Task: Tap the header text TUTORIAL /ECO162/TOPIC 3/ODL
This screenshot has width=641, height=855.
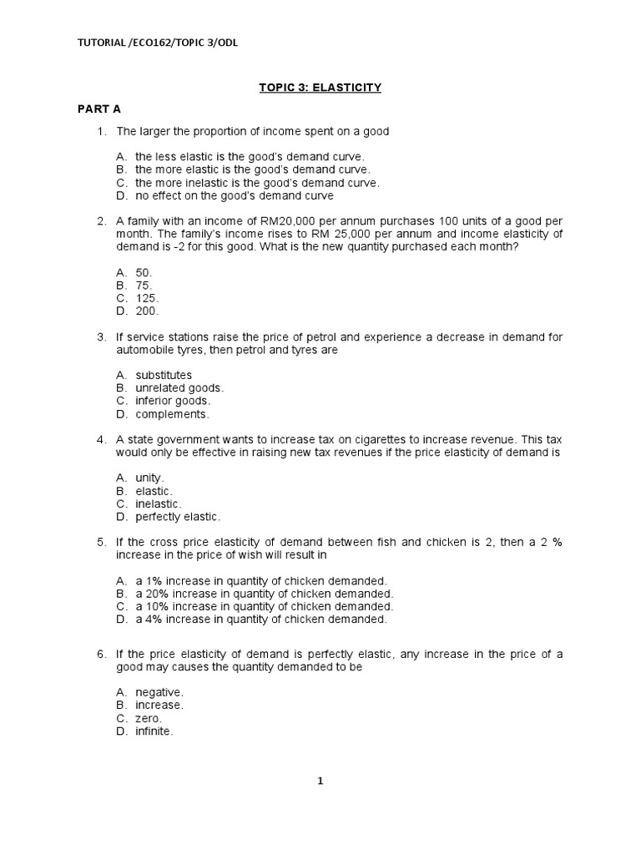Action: point(157,44)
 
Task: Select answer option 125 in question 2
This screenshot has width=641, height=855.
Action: point(147,298)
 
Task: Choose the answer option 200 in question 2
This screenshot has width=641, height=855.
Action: point(147,311)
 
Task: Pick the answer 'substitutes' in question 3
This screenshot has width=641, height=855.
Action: point(164,375)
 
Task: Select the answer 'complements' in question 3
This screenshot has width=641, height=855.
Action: point(172,414)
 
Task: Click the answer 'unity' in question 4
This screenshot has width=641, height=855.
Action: point(149,478)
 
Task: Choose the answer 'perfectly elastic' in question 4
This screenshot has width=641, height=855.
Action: point(178,517)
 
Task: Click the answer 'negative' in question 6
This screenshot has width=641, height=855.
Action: point(159,693)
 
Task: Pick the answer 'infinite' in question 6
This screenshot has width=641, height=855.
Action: point(154,731)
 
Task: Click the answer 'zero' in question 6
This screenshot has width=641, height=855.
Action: point(149,719)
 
